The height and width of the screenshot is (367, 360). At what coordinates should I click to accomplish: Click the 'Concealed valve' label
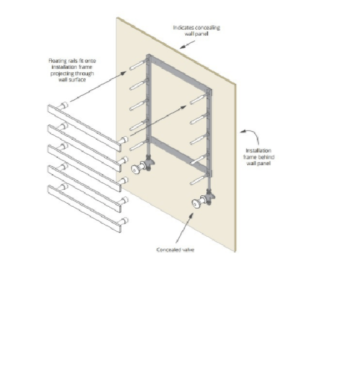175,249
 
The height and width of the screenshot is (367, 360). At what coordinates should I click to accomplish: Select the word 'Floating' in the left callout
58,61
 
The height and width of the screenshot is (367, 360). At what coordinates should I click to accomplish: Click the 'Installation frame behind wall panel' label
259,157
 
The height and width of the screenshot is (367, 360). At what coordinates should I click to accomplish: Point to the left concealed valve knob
136,169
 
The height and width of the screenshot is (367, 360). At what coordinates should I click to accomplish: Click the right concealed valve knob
196,204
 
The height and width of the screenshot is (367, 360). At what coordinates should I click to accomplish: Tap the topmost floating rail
84,128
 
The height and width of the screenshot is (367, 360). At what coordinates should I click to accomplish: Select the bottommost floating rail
84,209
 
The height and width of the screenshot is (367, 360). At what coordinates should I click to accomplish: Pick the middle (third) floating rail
84,169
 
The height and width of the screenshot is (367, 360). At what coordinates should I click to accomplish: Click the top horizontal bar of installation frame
179,72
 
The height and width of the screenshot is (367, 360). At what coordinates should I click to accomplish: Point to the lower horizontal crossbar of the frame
179,154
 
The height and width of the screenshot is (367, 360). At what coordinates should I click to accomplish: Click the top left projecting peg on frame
138,65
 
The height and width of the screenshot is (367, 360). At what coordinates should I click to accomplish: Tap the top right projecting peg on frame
198,99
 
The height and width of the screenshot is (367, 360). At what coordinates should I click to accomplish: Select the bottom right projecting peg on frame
198,180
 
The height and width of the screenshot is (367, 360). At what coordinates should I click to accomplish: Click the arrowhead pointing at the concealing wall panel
183,47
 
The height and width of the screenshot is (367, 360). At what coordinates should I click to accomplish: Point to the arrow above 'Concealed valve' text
185,228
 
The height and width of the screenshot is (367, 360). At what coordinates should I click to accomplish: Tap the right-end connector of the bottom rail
124,221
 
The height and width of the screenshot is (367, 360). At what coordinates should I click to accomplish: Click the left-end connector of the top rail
63,106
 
